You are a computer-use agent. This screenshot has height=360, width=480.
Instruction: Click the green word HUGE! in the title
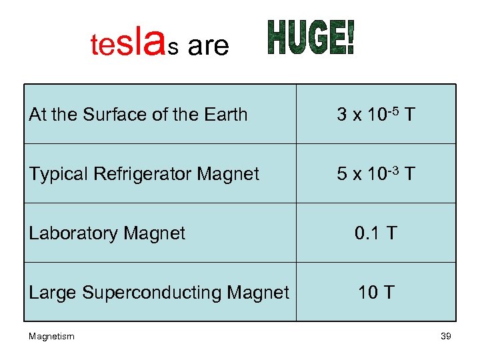311,39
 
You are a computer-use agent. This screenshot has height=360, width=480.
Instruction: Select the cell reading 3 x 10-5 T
376,115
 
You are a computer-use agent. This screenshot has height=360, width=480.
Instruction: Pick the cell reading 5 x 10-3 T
376,174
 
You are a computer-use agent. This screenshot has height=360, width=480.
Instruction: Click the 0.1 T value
376,233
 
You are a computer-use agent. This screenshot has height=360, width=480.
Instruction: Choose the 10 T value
376,292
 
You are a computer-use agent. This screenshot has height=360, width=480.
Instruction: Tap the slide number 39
446,337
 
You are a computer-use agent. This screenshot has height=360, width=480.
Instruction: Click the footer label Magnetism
52,337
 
